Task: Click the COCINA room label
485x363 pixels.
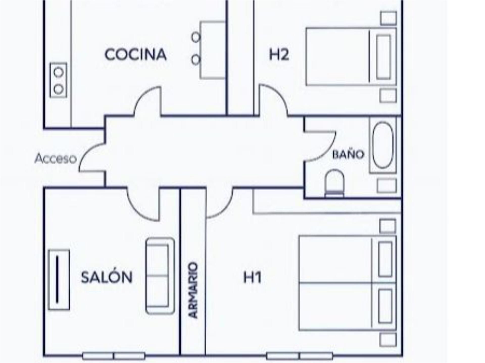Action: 136,55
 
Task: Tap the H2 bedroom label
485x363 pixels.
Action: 279,55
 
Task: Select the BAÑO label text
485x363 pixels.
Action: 348,154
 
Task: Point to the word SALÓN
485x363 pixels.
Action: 107,277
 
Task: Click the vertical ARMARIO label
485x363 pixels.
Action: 193,290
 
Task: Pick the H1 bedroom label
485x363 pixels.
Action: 252,277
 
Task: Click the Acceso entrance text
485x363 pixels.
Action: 56,159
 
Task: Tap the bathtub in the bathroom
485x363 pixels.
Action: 383,145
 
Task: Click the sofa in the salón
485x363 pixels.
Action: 160,276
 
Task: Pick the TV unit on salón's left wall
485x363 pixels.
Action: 59,280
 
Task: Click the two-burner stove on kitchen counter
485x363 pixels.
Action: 58,80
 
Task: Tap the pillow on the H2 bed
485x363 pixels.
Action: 383,57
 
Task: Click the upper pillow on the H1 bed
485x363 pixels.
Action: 385,259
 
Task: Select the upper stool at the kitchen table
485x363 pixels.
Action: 196,37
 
